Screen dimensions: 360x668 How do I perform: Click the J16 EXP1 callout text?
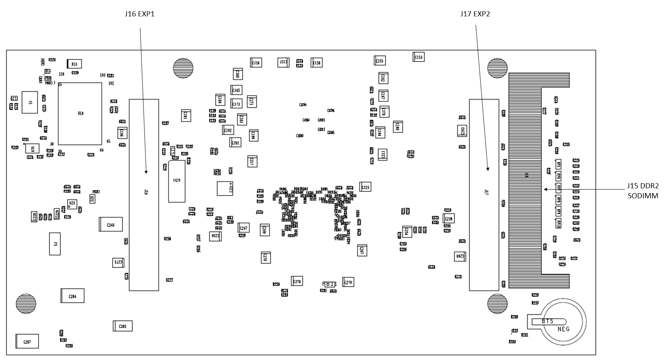click(x=139, y=14)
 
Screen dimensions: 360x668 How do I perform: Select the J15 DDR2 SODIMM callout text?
click(x=643, y=191)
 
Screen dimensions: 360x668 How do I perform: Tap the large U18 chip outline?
click(x=80, y=114)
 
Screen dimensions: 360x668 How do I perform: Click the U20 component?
click(x=177, y=181)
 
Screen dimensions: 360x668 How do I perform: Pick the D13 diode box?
click(x=74, y=64)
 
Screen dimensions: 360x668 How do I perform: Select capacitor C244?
click(x=111, y=225)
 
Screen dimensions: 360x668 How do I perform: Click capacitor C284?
click(x=72, y=296)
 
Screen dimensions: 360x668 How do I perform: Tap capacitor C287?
click(x=27, y=341)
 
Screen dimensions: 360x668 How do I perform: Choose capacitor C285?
click(x=122, y=326)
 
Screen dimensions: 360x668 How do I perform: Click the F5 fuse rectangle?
click(x=55, y=244)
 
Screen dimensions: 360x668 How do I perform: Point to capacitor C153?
click(x=419, y=57)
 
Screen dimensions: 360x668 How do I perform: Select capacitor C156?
click(x=256, y=62)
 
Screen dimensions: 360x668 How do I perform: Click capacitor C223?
click(x=365, y=187)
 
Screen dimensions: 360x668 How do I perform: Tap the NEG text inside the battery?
click(x=563, y=329)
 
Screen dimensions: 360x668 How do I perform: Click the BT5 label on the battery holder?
click(x=548, y=321)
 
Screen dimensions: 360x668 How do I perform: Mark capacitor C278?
click(x=297, y=281)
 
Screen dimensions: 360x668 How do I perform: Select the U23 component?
click(x=72, y=203)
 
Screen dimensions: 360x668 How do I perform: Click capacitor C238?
click(x=449, y=219)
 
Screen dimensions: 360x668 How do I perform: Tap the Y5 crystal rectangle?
click(x=29, y=102)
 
